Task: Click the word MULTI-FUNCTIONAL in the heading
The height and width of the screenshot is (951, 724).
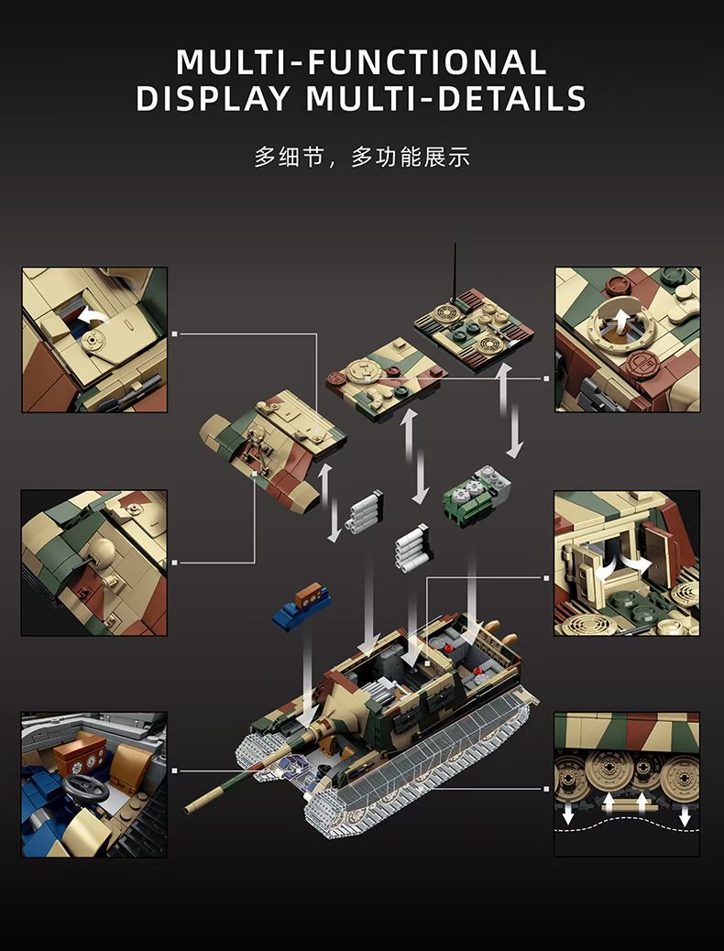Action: [362, 62]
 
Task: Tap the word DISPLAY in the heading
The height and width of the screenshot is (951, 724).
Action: [213, 99]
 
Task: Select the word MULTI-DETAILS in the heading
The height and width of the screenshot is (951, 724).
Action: [446, 99]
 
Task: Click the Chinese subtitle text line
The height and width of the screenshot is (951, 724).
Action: [362, 157]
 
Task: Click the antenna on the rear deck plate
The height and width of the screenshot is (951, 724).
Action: [455, 273]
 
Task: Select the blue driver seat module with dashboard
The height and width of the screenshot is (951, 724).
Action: [302, 606]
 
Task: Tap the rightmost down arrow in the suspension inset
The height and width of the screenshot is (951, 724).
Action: [685, 817]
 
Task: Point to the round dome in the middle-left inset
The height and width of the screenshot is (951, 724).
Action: [101, 549]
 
